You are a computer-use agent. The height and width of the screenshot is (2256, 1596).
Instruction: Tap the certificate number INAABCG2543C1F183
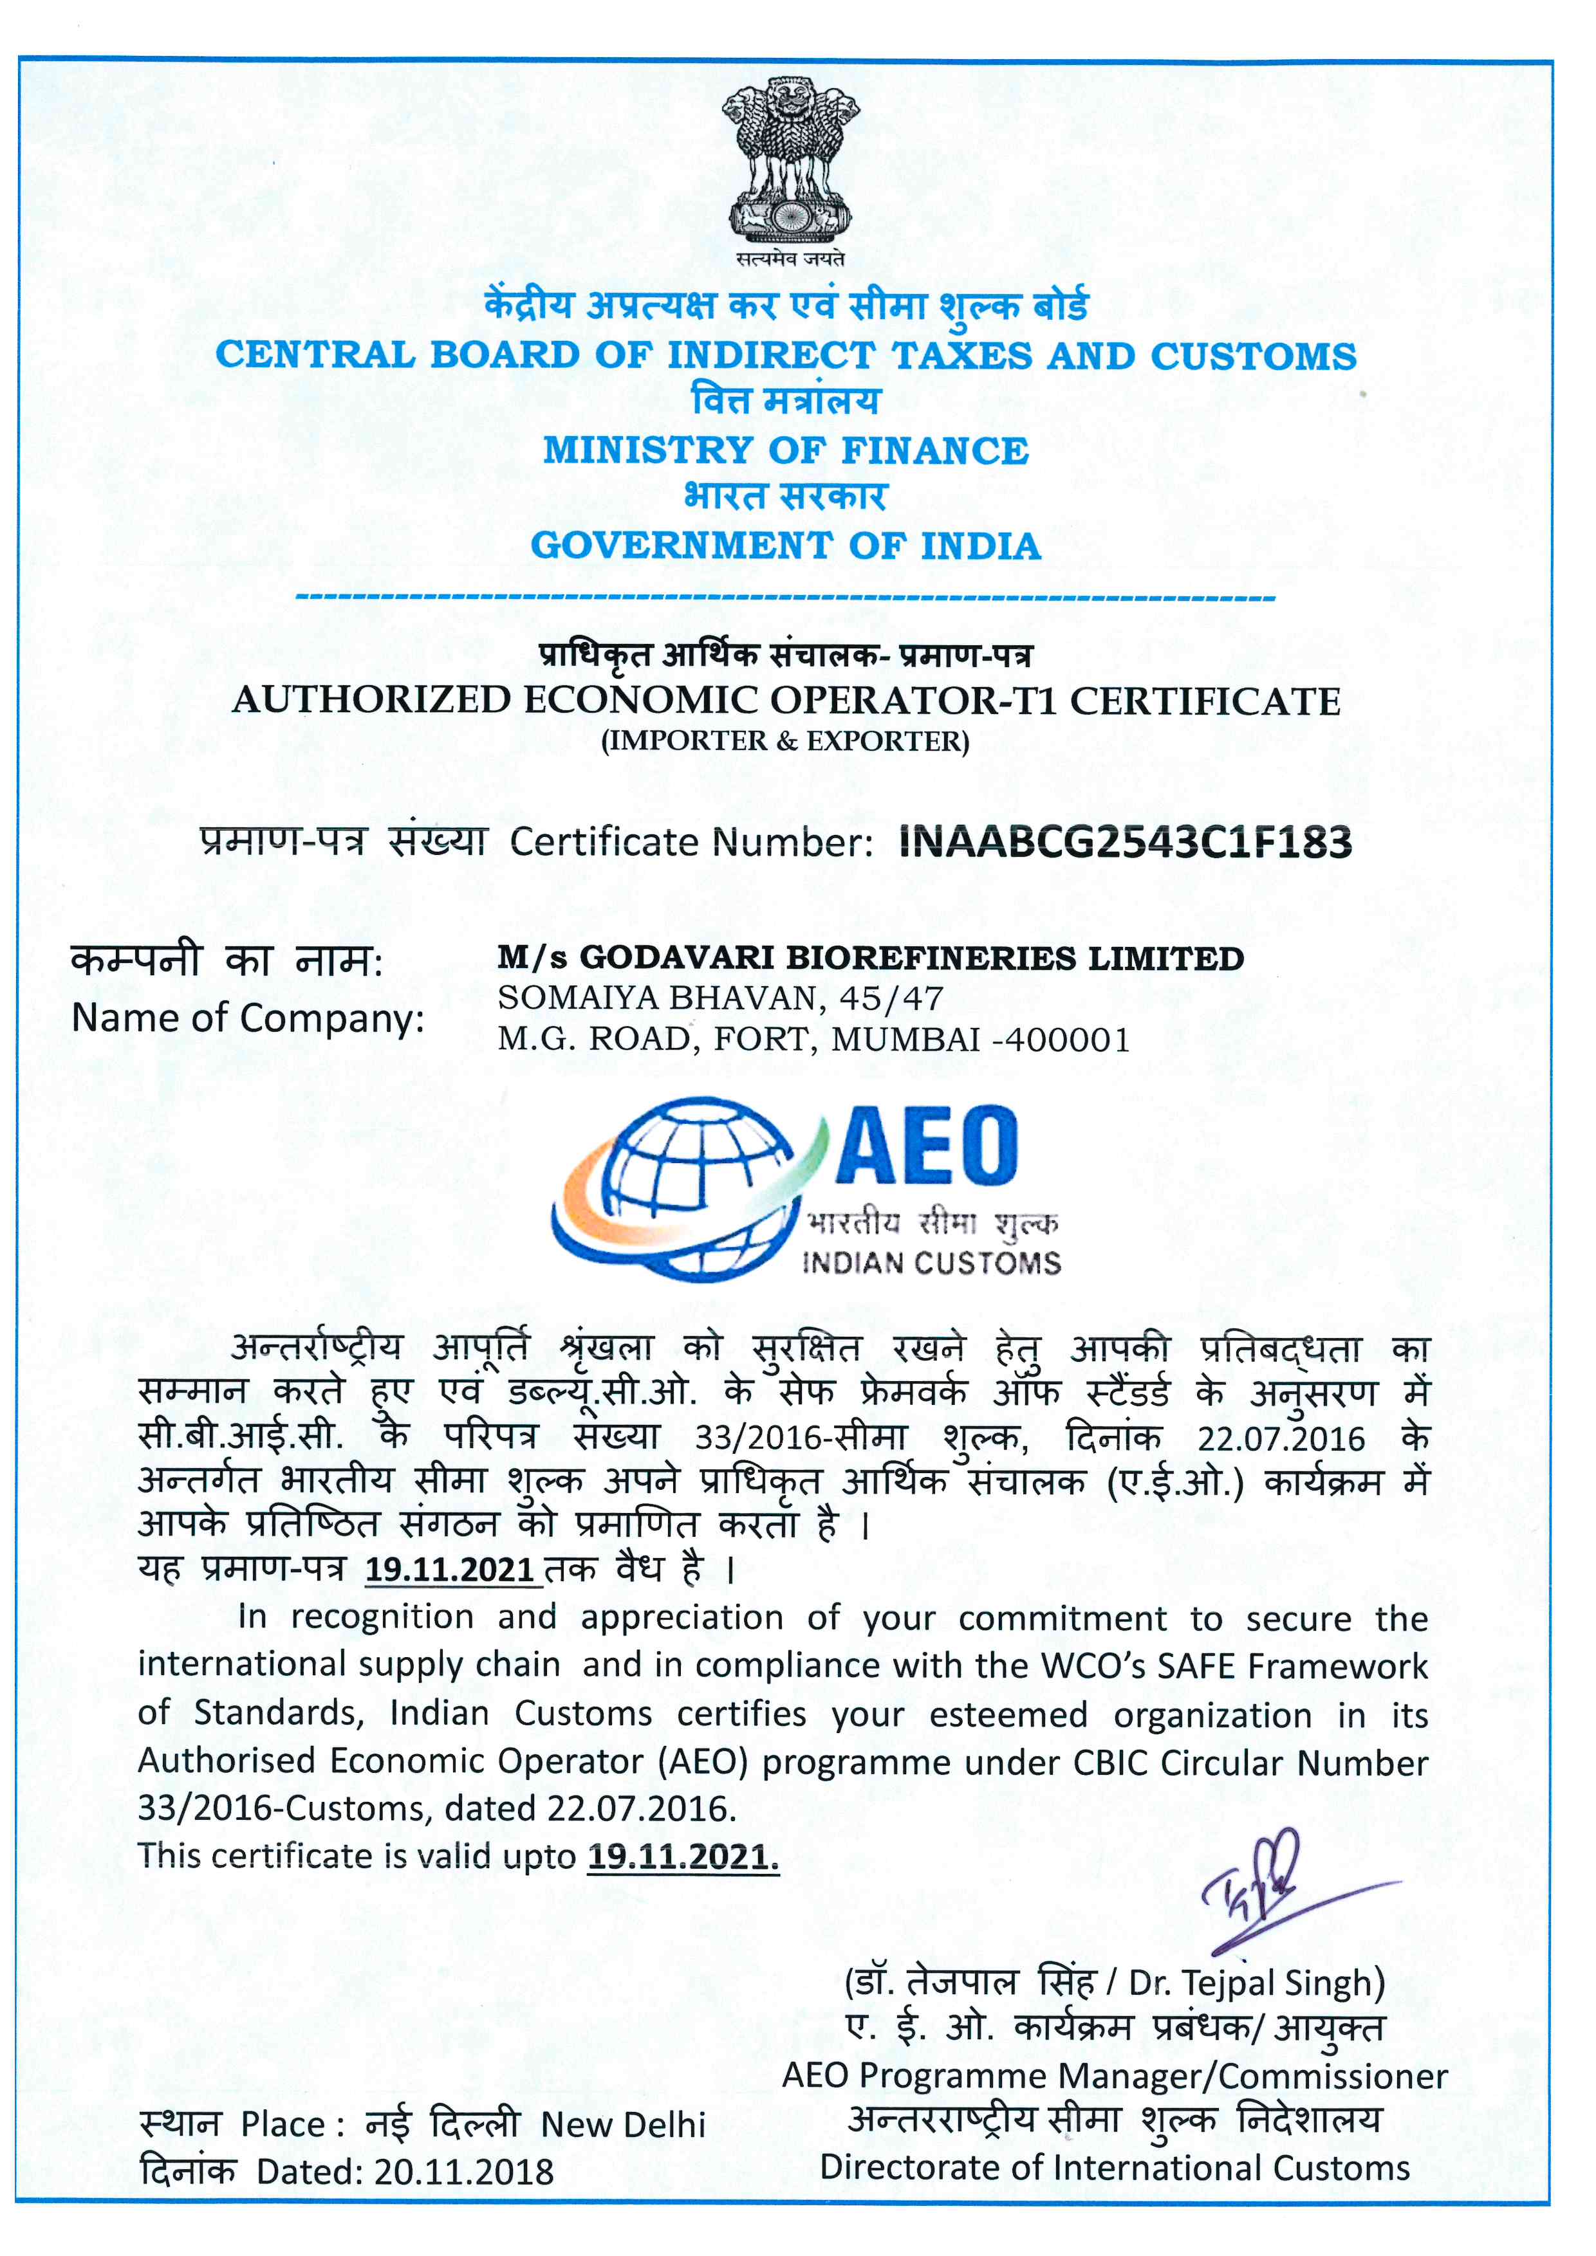(x=1126, y=842)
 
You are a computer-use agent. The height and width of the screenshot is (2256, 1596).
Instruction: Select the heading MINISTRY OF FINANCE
(x=786, y=451)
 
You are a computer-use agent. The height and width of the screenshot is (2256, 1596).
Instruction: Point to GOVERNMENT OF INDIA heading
(x=786, y=546)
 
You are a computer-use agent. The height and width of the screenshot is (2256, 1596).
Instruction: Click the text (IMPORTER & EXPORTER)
(x=785, y=741)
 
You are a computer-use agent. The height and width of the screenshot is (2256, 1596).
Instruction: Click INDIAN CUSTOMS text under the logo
(x=932, y=1263)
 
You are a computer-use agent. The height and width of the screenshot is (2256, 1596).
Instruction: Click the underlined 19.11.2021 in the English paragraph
(x=682, y=1856)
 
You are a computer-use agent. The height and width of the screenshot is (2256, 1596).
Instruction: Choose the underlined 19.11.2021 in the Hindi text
(x=450, y=1569)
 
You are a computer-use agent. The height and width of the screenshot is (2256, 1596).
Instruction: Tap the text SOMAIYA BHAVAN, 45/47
(x=720, y=998)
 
